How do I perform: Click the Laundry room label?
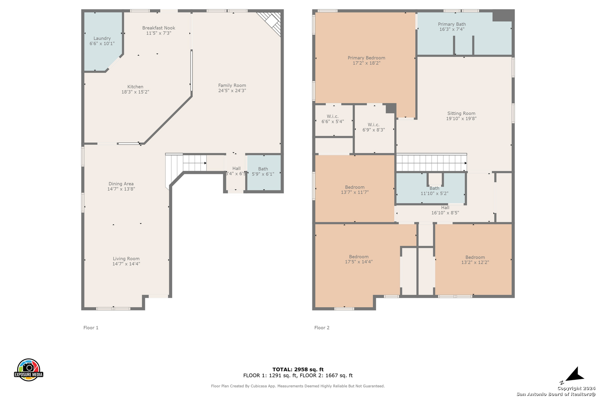pyautogui.click(x=102, y=38)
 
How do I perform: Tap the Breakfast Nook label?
pyautogui.click(x=159, y=28)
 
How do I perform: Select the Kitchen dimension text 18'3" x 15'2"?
pyautogui.click(x=135, y=92)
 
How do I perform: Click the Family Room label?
pyautogui.click(x=232, y=85)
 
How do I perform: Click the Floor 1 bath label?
pyautogui.click(x=263, y=169)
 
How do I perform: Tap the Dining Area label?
pyautogui.click(x=121, y=184)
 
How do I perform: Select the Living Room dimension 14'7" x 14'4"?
pyautogui.click(x=126, y=264)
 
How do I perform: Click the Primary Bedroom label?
pyautogui.click(x=366, y=58)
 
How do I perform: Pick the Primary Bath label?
pyautogui.click(x=452, y=24)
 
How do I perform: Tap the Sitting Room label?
pyautogui.click(x=461, y=114)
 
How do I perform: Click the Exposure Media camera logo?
pyautogui.click(x=28, y=370)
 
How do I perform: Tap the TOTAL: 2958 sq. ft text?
pyautogui.click(x=298, y=369)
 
